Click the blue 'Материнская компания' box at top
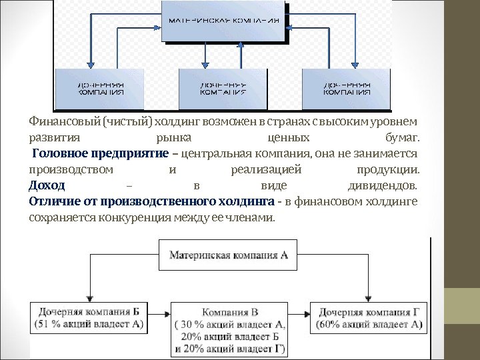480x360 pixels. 223,20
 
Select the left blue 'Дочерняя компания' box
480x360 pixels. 100,88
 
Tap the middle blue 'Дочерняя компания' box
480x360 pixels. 223,88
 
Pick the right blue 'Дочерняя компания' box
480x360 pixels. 347,88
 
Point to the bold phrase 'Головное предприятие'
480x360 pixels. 100,154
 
